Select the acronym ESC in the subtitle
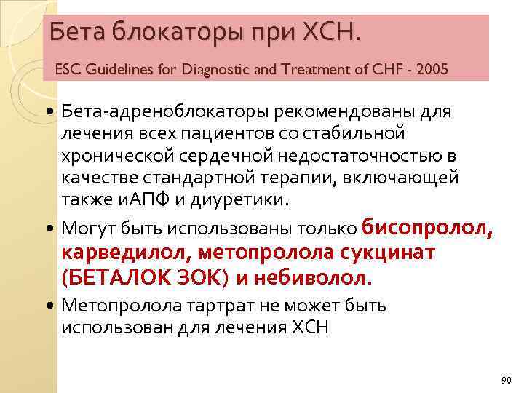pyautogui.click(x=68, y=70)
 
